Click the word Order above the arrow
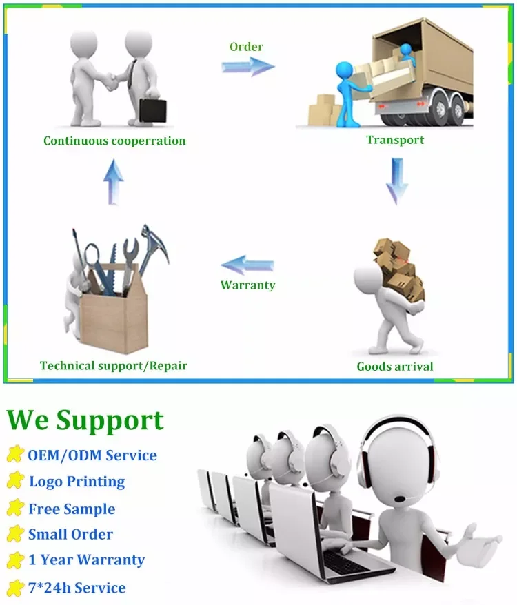pyautogui.click(x=246, y=47)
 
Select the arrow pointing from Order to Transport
pyautogui.click(x=248, y=67)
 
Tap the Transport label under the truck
pyautogui.click(x=395, y=140)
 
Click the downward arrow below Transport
pyautogui.click(x=396, y=181)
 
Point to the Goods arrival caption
pyautogui.click(x=395, y=366)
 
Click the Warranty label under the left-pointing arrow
pyautogui.click(x=247, y=285)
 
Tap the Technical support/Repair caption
pyautogui.click(x=114, y=365)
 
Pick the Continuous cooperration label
pyautogui.click(x=114, y=141)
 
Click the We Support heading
pyautogui.click(x=85, y=420)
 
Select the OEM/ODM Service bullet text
pyautogui.click(x=92, y=455)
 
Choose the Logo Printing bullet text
pyautogui.click(x=77, y=482)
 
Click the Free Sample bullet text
pyautogui.click(x=72, y=509)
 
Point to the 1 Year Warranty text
pyautogui.click(x=86, y=560)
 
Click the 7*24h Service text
pyautogui.click(x=77, y=588)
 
